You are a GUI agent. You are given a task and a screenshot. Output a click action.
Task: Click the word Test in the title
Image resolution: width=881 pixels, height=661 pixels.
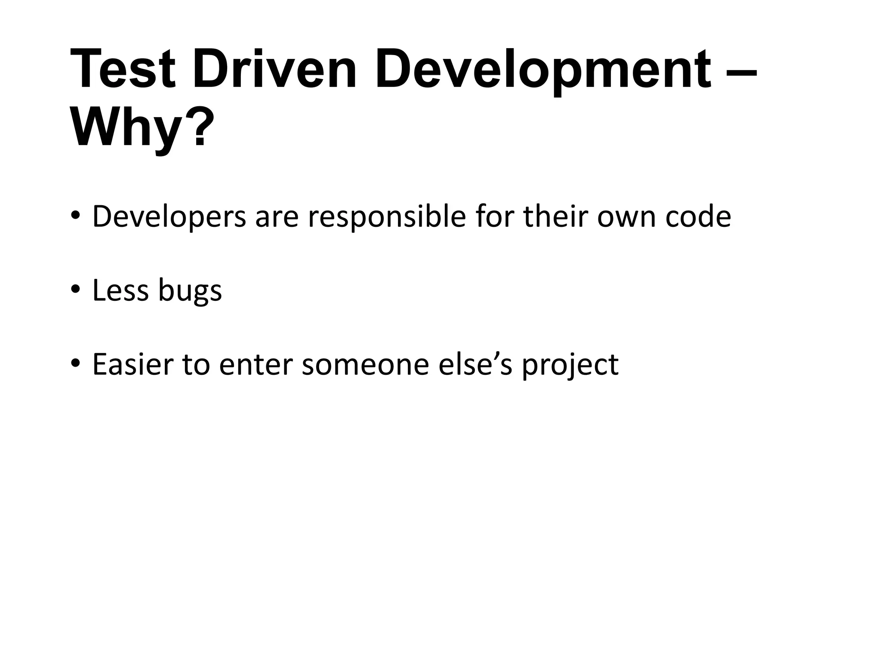pos(123,69)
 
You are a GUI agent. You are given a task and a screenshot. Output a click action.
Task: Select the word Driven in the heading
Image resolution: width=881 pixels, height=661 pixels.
pos(274,69)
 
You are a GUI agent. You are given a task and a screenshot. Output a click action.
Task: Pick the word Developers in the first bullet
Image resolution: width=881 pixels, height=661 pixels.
pos(169,217)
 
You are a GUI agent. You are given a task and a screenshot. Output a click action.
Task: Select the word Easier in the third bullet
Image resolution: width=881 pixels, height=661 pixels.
pos(132,364)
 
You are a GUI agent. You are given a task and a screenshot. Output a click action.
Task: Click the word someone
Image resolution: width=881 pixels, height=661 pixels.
pos(365,364)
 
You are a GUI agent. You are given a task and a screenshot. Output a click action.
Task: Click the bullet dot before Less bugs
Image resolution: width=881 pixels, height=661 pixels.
pos(76,289)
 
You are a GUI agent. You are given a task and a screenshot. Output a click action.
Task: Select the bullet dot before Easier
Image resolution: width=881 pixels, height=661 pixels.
pos(76,363)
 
